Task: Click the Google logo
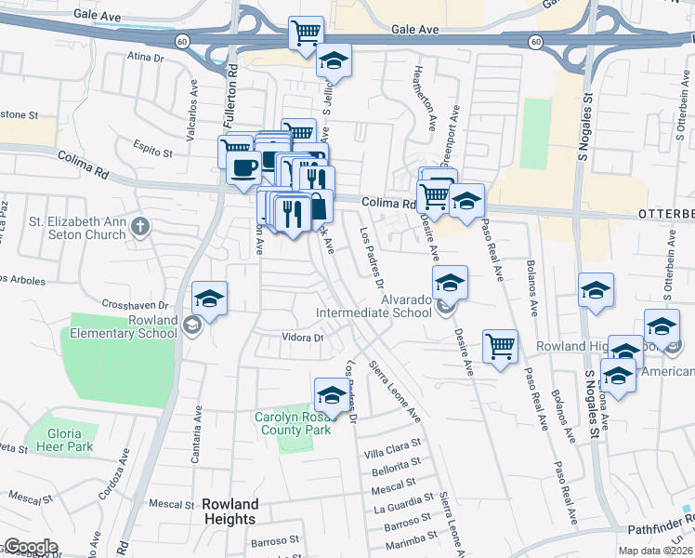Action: pos(31,547)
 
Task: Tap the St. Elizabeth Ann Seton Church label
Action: pos(77,228)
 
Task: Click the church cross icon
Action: pos(139,225)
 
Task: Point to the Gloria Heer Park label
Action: pos(72,440)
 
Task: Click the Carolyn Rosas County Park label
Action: pos(295,424)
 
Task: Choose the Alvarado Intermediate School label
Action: pos(374,307)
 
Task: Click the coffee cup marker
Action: pos(243,168)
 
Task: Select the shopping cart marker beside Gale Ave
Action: pos(306,33)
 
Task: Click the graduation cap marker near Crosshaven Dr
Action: pos(210,299)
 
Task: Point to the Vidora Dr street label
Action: pos(303,338)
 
